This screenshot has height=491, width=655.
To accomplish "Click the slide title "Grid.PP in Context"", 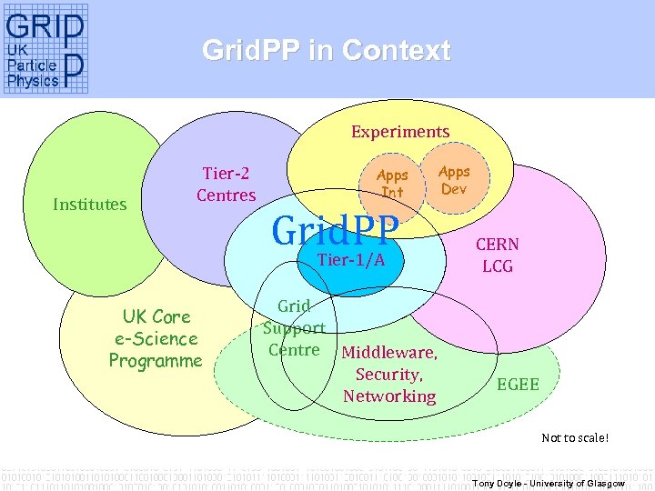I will (326, 50).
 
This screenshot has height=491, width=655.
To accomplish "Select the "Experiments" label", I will (400, 132).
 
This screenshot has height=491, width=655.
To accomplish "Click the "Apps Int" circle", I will (392, 183).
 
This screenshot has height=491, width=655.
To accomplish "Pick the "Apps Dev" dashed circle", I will (454, 180).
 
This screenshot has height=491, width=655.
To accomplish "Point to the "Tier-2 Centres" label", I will (227, 184).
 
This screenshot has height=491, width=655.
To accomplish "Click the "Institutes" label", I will (89, 204).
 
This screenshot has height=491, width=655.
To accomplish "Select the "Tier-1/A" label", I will (351, 260).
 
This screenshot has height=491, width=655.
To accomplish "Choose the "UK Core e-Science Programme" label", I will (156, 338).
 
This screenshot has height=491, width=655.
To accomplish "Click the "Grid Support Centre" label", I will (294, 328).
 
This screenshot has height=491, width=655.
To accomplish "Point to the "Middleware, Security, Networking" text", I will (389, 375).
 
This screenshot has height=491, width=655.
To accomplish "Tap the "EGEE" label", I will (518, 385).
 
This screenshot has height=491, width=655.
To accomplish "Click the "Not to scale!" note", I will (575, 438).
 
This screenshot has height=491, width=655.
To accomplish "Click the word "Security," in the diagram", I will (389, 375).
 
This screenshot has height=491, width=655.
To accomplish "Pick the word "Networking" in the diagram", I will (389, 396).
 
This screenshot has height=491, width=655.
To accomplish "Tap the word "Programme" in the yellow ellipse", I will (156, 361).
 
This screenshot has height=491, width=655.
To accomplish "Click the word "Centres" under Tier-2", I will (227, 195).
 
